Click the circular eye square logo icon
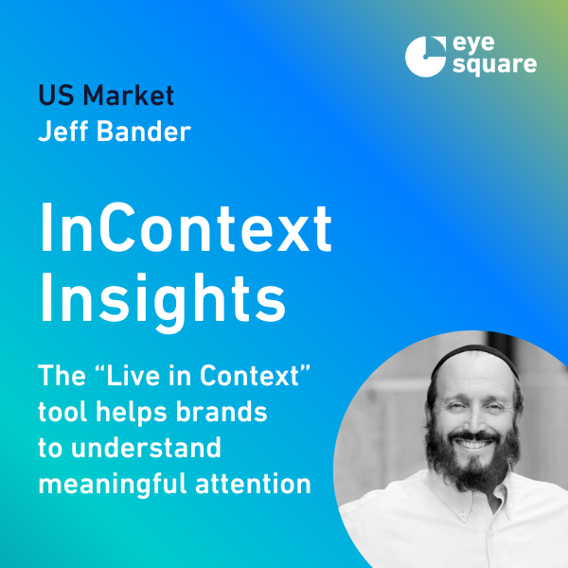click(425, 57)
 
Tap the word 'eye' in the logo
click(474, 45)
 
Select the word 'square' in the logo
click(495, 65)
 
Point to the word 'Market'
click(129, 96)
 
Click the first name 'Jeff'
click(63, 131)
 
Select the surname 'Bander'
click(144, 131)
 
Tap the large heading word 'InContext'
click(186, 227)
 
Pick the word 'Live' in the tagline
click(133, 375)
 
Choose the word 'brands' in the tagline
click(222, 412)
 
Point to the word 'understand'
click(146, 448)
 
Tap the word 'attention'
click(253, 484)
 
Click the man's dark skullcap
click(474, 357)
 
